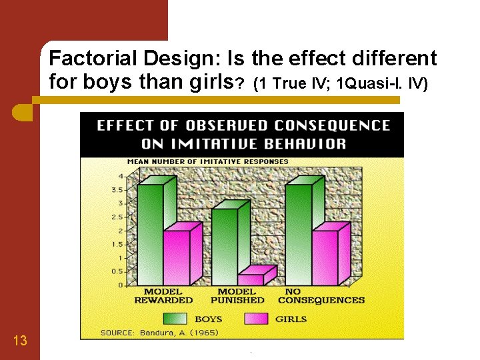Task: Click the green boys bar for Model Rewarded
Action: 150,233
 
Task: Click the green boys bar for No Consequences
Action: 298,233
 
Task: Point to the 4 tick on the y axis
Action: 121,176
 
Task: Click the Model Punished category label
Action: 237,296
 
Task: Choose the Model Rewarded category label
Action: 163,296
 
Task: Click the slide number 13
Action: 20,341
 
